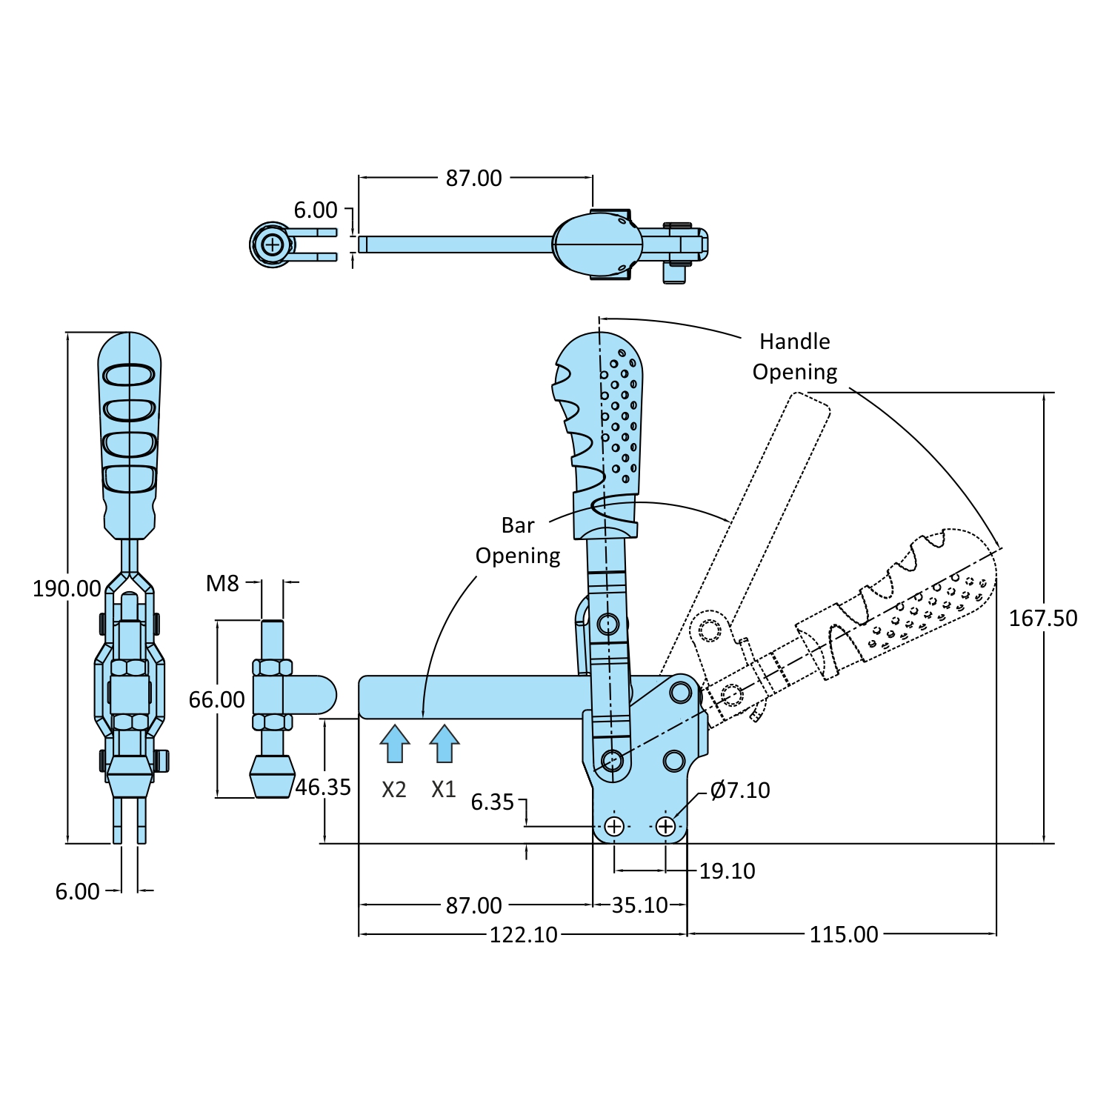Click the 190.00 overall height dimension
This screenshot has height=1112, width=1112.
[x=67, y=589]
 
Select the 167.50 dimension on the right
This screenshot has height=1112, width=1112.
[x=1042, y=618]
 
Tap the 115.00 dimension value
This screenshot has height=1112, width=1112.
[x=843, y=934]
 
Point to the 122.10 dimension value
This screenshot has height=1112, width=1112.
[x=523, y=935]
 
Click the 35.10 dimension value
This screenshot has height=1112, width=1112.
[x=639, y=905]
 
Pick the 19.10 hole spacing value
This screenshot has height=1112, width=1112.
[x=727, y=871]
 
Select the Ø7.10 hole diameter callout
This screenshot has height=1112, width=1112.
[x=739, y=790]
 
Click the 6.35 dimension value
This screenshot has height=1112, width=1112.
[x=493, y=802]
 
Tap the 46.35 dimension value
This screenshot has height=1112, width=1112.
[x=323, y=787]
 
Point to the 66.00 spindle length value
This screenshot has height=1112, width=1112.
[x=216, y=699]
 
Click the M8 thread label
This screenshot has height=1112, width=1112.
[x=222, y=584]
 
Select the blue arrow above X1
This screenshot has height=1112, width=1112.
[x=445, y=744]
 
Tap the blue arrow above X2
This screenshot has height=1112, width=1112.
[x=395, y=744]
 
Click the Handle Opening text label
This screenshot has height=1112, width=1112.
[x=795, y=356]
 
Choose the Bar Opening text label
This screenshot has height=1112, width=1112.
[x=518, y=540]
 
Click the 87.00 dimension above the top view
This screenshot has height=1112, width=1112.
[x=473, y=179]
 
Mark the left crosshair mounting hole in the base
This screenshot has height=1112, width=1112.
[x=614, y=826]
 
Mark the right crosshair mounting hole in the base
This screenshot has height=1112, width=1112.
[x=665, y=826]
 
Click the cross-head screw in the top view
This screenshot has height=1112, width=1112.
[x=273, y=244]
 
